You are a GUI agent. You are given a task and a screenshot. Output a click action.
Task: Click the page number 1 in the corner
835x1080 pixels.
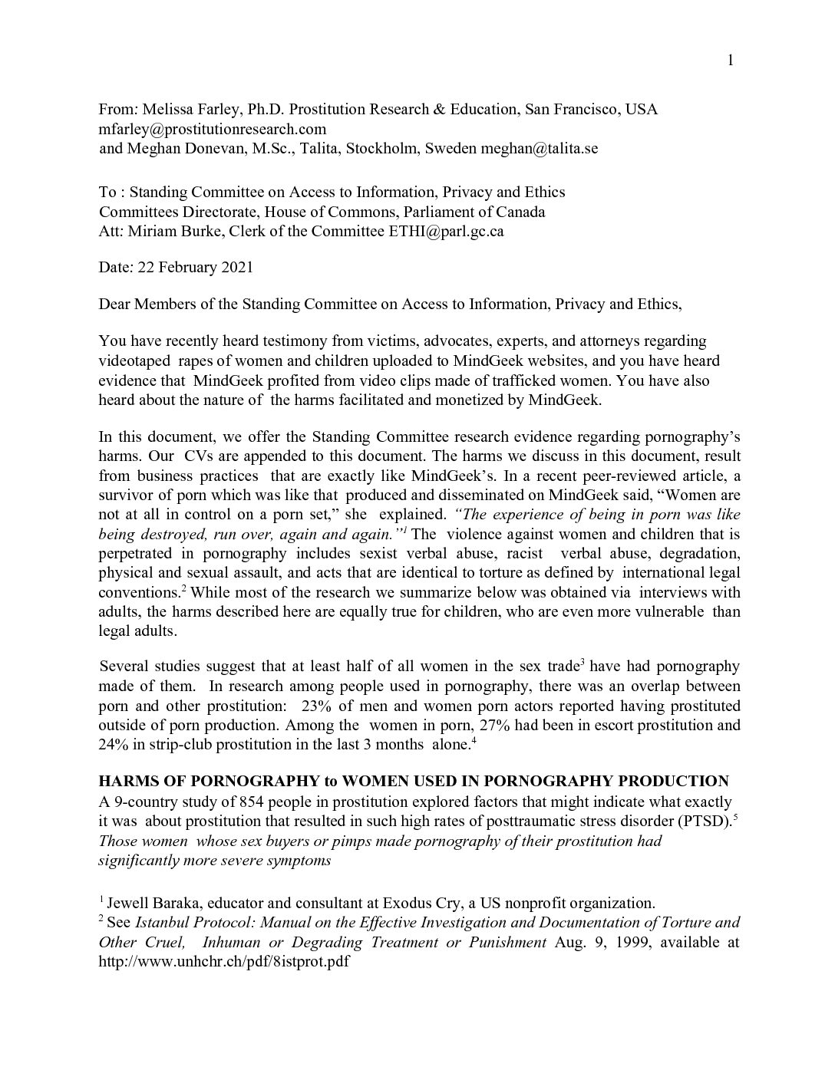click(731, 61)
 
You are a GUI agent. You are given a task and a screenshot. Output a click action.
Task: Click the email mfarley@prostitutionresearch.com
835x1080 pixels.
click(213, 129)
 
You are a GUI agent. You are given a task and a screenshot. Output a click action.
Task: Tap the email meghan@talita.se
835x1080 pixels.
click(539, 148)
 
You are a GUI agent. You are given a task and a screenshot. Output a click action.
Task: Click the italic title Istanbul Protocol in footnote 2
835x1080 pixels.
click(202, 922)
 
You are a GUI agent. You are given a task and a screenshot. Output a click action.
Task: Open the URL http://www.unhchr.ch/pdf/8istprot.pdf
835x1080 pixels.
click(224, 961)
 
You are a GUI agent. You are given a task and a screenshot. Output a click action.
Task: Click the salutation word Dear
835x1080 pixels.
click(114, 304)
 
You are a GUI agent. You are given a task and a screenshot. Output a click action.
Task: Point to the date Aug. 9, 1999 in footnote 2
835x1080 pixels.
click(600, 942)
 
